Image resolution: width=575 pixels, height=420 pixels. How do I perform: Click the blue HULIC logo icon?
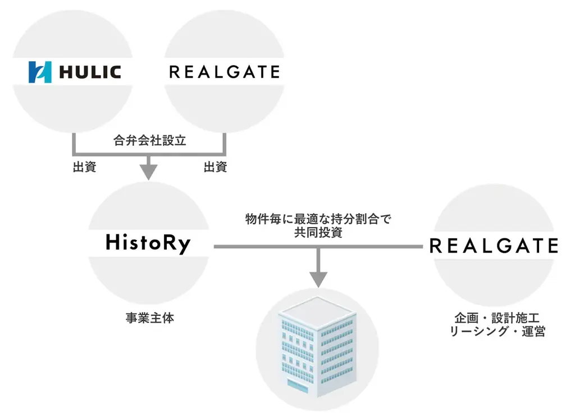(x=40, y=72)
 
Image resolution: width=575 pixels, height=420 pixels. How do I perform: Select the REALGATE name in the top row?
(x=224, y=72)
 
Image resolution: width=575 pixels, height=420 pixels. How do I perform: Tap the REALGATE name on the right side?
(x=494, y=246)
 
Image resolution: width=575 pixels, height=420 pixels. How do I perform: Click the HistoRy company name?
(x=148, y=243)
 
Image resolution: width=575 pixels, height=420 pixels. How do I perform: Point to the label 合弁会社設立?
(x=149, y=141)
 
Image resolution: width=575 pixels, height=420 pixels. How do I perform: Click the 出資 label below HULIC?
(x=84, y=167)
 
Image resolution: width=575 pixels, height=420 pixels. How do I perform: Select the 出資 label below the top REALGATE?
(x=215, y=167)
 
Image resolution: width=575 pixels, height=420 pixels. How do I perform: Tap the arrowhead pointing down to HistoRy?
(x=149, y=170)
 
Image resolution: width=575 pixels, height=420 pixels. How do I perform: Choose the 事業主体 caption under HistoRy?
(x=149, y=318)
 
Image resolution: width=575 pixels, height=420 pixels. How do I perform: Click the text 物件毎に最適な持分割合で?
(x=318, y=219)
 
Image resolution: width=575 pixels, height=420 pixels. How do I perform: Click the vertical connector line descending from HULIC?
(x=74, y=143)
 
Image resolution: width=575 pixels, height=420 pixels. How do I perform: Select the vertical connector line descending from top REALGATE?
(x=225, y=143)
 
